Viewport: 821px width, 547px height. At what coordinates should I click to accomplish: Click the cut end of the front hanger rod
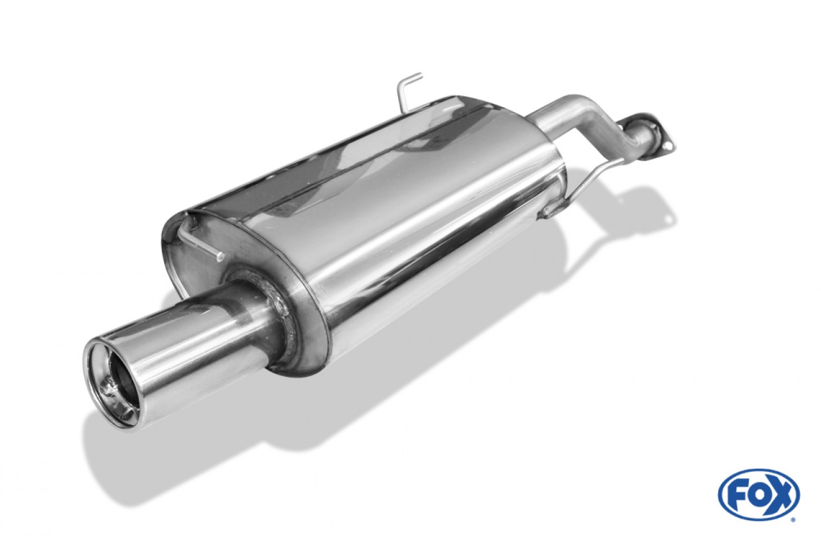click(220, 256)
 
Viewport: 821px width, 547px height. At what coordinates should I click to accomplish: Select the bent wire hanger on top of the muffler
click(407, 91)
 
